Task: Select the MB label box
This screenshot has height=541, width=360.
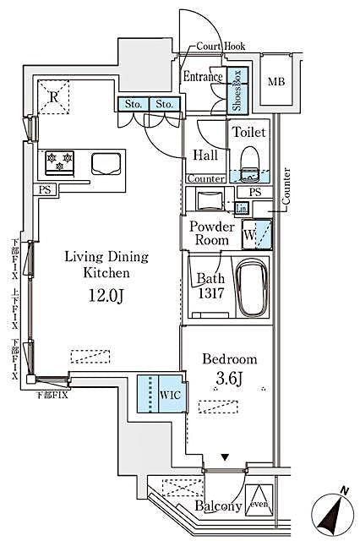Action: (275, 82)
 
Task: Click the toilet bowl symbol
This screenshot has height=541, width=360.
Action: (249, 160)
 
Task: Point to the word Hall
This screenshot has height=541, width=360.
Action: (205, 155)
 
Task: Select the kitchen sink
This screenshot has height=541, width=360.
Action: (106, 162)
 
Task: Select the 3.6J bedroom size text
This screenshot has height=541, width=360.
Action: (229, 376)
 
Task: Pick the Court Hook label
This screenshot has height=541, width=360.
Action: (221, 47)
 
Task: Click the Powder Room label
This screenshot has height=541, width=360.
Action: (211, 233)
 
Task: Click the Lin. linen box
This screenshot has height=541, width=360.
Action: (242, 208)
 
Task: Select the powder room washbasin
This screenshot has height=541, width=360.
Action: (208, 201)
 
